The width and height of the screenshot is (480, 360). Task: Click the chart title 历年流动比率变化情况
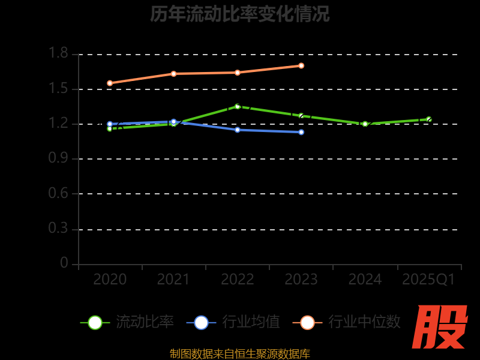tap(240, 14)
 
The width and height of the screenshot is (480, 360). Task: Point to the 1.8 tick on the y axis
tap(58, 54)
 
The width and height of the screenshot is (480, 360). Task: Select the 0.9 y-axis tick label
tap(58, 158)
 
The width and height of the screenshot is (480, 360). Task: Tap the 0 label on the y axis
tap(64, 263)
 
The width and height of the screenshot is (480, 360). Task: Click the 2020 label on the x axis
tap(110, 280)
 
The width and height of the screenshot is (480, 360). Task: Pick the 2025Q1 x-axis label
tap(428, 280)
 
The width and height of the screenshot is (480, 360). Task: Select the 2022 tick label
tap(238, 280)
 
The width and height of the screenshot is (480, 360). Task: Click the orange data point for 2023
tap(301, 65)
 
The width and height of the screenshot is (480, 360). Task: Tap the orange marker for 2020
tap(110, 83)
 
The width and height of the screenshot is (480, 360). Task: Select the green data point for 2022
tap(238, 106)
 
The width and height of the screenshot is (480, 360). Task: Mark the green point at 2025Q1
tap(428, 119)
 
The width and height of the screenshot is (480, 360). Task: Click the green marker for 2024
tap(365, 124)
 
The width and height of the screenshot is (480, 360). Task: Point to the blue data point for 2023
tap(301, 132)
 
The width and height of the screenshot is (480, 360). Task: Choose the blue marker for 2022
tap(238, 130)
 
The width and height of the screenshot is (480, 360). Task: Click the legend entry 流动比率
tap(145, 322)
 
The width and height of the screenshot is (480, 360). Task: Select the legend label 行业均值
tap(251, 322)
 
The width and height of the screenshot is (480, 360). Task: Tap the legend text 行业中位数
tap(364, 322)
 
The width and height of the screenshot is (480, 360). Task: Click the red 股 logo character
tap(440, 327)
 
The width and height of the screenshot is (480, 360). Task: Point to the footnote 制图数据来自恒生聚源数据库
tap(240, 354)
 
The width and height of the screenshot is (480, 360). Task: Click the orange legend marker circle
tap(307, 322)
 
